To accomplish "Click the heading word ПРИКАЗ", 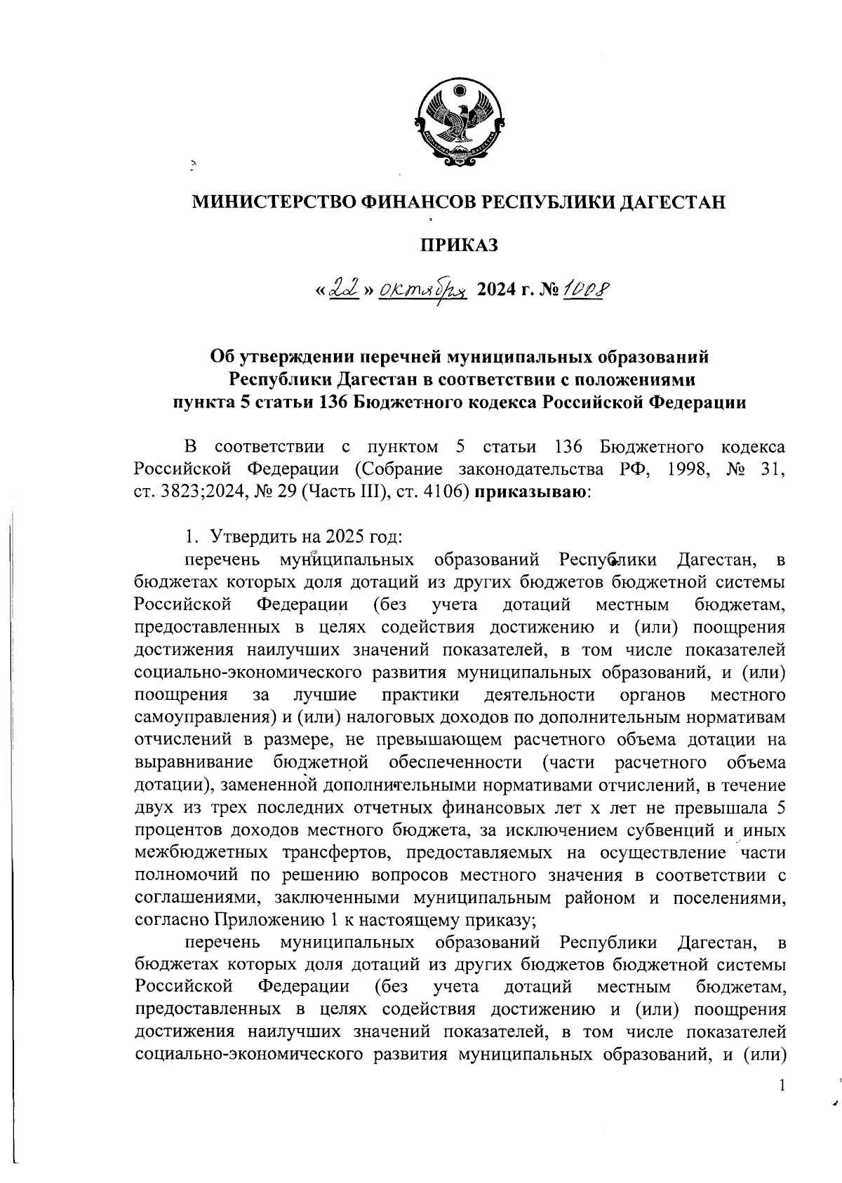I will [459, 245].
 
